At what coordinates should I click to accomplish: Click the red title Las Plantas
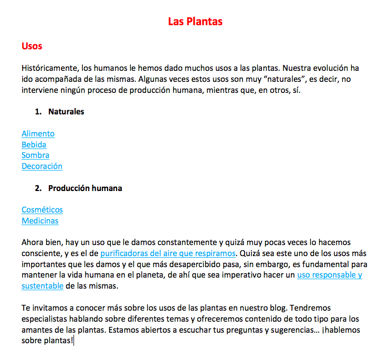click(x=195, y=22)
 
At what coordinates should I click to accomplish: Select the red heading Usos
click(x=31, y=46)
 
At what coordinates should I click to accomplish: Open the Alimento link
click(x=38, y=134)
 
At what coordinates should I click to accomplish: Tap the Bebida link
click(x=34, y=145)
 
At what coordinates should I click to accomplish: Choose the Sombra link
click(x=35, y=155)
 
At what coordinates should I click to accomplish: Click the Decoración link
click(x=42, y=166)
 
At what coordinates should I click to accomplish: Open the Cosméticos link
click(x=42, y=210)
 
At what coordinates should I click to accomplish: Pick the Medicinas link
click(x=40, y=221)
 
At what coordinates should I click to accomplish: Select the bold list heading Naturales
click(x=66, y=112)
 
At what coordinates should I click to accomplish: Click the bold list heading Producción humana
click(x=85, y=188)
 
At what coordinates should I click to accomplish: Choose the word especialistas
click(x=45, y=319)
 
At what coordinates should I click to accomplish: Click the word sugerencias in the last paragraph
click(x=292, y=330)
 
